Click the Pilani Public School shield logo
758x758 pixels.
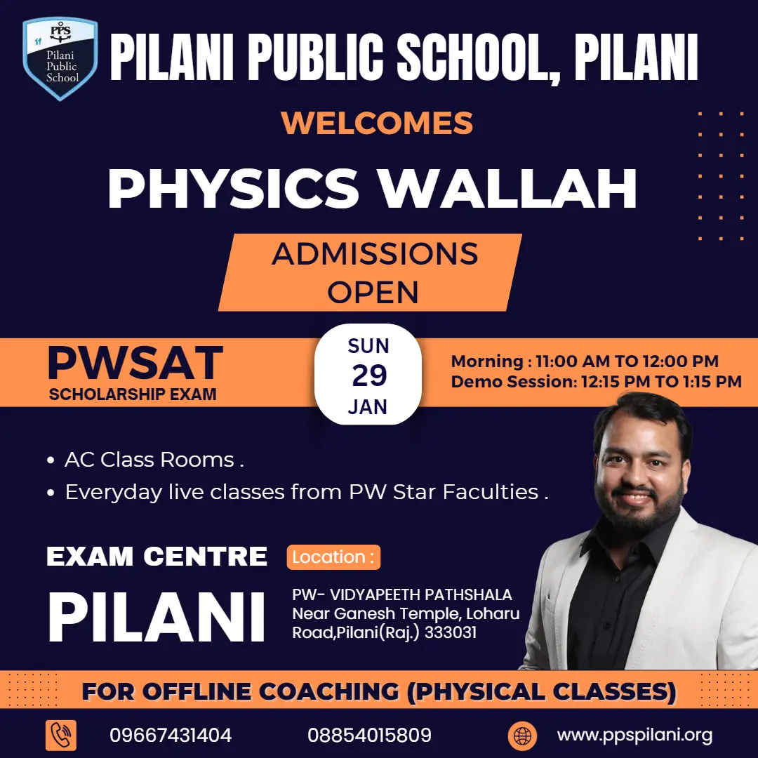[60, 58]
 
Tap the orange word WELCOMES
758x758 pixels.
[377, 124]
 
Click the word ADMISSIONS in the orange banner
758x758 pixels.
[375, 254]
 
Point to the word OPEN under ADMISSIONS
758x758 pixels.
[373, 293]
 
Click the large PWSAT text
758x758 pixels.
[135, 363]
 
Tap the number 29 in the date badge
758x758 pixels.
[369, 375]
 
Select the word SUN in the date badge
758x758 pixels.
[368, 346]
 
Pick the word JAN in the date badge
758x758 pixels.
[368, 407]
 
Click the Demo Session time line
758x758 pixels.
[596, 382]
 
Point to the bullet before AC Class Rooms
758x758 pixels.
[51, 460]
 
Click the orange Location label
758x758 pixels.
[333, 557]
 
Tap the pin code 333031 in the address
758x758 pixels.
[451, 632]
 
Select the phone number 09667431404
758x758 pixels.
[171, 736]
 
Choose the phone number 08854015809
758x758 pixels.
[369, 736]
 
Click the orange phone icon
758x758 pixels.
[61, 736]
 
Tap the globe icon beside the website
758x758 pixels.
[522, 736]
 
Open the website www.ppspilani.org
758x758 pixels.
[634, 736]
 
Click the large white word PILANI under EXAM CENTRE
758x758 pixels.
[157, 618]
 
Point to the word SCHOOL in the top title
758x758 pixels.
[479, 58]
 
